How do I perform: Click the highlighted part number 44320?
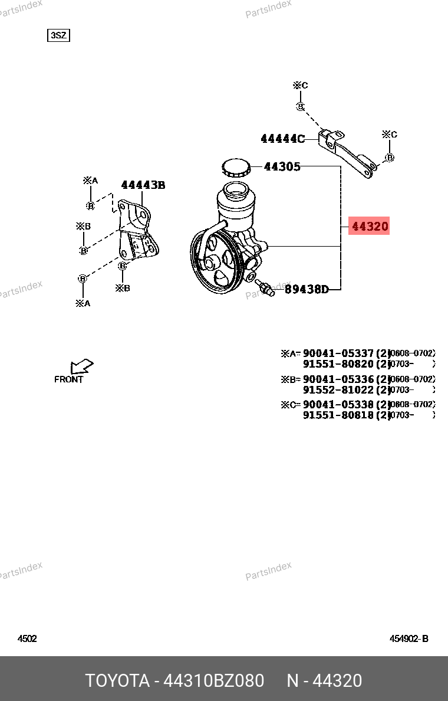[370, 226]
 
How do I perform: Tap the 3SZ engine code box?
[58, 35]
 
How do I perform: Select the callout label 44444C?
[283, 139]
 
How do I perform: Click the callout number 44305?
[282, 167]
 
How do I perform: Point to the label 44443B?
[143, 185]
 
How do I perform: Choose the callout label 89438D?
[307, 290]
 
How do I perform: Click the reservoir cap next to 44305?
[236, 168]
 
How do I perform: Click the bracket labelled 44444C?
[349, 154]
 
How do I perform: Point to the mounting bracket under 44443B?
[138, 233]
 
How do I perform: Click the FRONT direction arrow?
[82, 366]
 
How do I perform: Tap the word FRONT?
[69, 379]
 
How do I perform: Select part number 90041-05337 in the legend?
[338, 353]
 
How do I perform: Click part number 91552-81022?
[338, 390]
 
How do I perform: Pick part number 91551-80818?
[338, 415]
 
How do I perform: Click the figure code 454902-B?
[409, 638]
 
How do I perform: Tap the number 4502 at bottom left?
[27, 638]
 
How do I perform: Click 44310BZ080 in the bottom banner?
[213, 680]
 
